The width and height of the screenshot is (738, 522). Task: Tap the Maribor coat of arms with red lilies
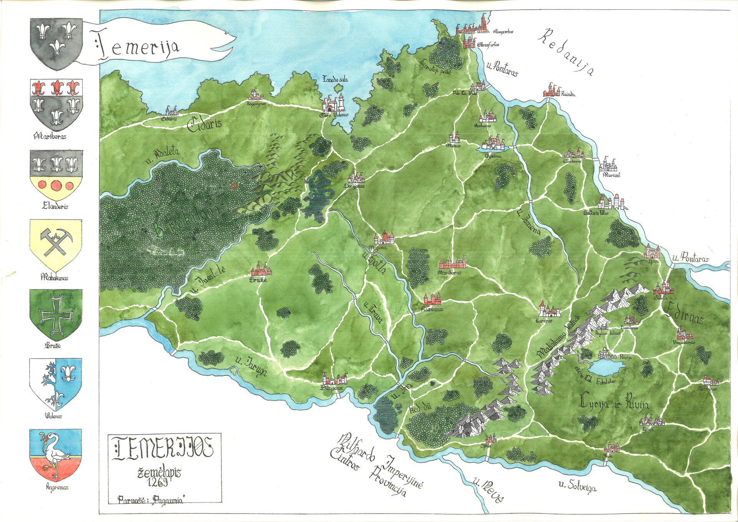[56, 105]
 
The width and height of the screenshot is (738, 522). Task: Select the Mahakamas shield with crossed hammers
[56, 245]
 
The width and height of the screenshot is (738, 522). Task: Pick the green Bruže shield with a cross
[56, 314]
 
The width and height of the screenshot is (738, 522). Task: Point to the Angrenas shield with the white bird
[56, 455]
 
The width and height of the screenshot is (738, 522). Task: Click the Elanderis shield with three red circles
[56, 175]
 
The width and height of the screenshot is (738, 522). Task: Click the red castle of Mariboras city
[453, 263]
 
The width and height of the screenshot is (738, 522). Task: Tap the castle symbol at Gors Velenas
[334, 104]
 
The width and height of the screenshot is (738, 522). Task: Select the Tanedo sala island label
[335, 79]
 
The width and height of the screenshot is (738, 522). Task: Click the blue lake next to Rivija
[607, 367]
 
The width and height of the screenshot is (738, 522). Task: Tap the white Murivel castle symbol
[608, 165]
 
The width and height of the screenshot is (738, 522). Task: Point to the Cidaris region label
[204, 124]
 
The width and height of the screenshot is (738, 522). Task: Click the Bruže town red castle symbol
[261, 270]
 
